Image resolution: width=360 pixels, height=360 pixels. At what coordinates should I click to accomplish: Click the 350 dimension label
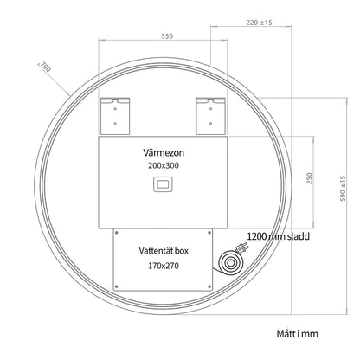(167, 36)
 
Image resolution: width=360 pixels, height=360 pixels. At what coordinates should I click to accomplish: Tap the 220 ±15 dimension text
(259, 22)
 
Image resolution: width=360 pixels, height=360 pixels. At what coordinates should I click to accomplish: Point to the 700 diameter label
(45, 67)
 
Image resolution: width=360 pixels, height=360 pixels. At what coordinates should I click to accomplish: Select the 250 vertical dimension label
(309, 178)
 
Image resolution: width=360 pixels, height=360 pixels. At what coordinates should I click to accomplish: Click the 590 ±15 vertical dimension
(343, 189)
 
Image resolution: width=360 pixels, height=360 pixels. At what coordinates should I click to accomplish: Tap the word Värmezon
(164, 152)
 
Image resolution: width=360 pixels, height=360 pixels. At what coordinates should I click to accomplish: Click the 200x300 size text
(164, 165)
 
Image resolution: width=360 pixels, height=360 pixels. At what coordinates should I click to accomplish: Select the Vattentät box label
(164, 251)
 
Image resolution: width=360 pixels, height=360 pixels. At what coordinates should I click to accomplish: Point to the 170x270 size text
(164, 266)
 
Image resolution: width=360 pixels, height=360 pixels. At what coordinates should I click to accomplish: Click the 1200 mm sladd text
(279, 236)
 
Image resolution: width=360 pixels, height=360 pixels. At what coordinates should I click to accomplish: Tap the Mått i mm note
(298, 334)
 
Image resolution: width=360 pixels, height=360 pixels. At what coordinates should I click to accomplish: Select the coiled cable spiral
(231, 263)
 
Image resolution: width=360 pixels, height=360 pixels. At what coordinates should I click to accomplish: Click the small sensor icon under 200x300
(163, 184)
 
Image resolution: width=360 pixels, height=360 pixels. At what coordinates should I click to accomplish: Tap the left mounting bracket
(115, 116)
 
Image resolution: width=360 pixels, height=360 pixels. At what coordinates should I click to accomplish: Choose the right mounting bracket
(211, 116)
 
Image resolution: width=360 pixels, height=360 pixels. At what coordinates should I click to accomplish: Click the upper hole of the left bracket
(115, 109)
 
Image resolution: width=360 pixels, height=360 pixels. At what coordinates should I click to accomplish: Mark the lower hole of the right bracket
(211, 124)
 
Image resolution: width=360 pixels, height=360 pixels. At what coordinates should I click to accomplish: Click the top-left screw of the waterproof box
(117, 233)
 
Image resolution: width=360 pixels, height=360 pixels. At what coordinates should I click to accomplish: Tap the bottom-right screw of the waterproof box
(209, 286)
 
